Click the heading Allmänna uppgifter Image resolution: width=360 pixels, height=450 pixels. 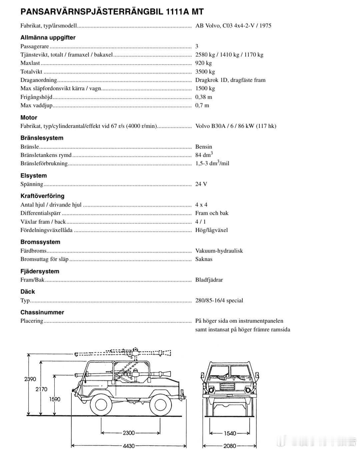(x=48, y=38)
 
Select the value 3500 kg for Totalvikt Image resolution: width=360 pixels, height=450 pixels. (x=205, y=72)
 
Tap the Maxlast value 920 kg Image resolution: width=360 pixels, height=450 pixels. (x=203, y=63)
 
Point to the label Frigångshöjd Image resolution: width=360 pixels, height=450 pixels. (x=36, y=97)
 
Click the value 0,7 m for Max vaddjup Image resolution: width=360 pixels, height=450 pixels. (x=202, y=105)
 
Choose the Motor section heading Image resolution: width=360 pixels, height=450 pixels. (x=29, y=117)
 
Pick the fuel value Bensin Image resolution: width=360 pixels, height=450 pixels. (x=203, y=147)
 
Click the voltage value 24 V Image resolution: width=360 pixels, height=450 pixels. (x=201, y=184)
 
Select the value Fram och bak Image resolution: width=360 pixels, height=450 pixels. (x=212, y=213)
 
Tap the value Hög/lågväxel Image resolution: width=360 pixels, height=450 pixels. (x=211, y=230)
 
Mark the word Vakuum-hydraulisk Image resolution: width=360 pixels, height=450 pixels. (x=219, y=251)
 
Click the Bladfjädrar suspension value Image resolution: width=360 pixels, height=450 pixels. (x=209, y=280)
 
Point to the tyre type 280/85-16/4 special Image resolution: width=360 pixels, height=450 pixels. (x=219, y=301)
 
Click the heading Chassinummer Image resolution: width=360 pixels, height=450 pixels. (x=42, y=312)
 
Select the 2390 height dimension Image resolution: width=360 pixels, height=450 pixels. (x=30, y=379)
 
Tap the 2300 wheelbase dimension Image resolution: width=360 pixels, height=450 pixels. (x=129, y=433)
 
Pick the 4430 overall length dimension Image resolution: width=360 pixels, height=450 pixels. (x=129, y=446)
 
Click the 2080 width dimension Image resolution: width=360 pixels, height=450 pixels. (x=230, y=446)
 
